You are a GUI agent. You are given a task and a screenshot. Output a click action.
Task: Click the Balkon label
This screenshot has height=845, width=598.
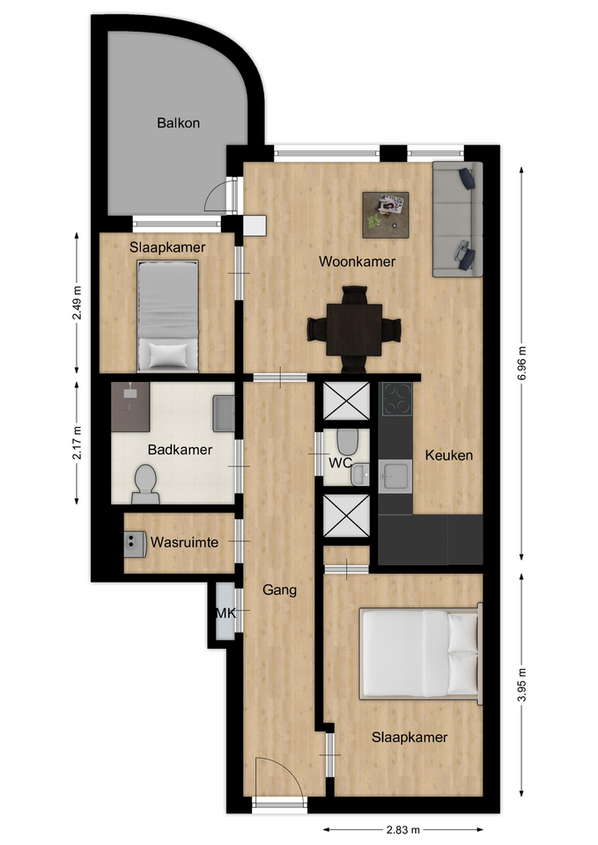pos(179,123)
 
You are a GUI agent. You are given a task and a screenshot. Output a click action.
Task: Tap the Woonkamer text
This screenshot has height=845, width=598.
pos(357,261)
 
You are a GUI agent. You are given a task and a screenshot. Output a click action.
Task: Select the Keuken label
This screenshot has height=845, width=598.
pos(448,455)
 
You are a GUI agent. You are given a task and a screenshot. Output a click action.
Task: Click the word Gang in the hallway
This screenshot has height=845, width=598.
pos(279,590)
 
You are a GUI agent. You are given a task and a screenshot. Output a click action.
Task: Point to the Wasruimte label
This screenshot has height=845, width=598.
pos(184,542)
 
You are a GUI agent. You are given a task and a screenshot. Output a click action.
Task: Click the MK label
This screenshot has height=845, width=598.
pos(225,613)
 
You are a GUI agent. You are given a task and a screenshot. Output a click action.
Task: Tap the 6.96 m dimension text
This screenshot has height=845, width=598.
pos(521,364)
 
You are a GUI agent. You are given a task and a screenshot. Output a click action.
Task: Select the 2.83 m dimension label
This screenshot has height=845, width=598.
pos(402,830)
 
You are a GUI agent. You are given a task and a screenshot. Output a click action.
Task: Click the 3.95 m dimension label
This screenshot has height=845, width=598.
pos(521,685)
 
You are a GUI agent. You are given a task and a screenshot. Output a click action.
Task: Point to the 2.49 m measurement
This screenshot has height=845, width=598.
pos(78,302)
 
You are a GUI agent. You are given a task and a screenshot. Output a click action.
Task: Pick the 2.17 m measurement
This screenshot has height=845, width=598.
pos(78,443)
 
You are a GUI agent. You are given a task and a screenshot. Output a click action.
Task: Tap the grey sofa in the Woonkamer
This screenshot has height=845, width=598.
pos(458,219)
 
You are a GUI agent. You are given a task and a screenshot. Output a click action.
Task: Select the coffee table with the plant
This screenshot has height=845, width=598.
pos(386,215)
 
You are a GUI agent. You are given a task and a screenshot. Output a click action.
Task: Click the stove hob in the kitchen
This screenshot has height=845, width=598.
pos(397,399)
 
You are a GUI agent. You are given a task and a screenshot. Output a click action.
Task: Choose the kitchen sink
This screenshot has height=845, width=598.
pos(395,476)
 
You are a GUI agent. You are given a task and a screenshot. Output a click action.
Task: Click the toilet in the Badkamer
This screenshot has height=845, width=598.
pos(145,484)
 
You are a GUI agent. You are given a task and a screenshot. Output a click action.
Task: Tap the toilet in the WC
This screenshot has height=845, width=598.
pos(347,441)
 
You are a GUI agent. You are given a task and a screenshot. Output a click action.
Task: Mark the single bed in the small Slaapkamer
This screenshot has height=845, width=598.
pos(167,316)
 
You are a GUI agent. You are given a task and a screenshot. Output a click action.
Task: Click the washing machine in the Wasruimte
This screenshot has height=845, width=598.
pos(135,544)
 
